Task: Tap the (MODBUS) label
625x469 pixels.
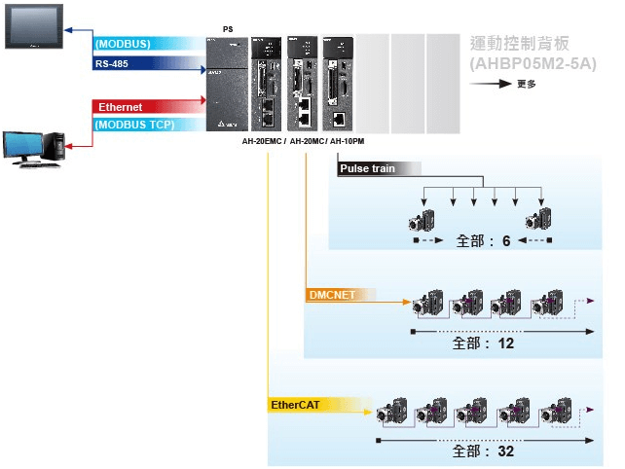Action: point(123,45)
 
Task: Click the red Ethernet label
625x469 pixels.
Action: point(121,106)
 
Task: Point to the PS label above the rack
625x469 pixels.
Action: point(227,29)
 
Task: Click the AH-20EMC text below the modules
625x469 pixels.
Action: point(263,142)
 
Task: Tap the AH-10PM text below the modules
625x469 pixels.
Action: point(347,142)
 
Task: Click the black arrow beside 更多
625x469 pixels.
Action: point(493,84)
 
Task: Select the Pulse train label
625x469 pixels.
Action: point(368,168)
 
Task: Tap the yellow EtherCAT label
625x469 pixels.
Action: point(298,403)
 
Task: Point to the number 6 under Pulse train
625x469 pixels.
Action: point(506,239)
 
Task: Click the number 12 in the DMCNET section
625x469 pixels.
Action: point(504,343)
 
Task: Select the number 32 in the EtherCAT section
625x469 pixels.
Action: point(503,451)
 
